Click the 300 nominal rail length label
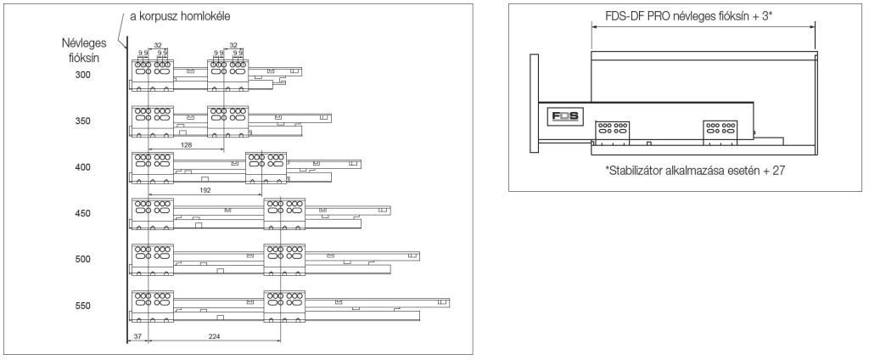[x=81, y=76]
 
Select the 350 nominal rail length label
[x=81, y=121]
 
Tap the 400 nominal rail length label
[x=81, y=167]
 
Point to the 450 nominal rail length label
[x=81, y=213]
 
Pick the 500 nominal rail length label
[x=81, y=259]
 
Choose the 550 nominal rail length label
[x=81, y=305]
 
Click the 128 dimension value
[x=186, y=145]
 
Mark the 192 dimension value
[x=205, y=191]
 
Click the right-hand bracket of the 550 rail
[x=284, y=305]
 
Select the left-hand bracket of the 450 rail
[x=153, y=213]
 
